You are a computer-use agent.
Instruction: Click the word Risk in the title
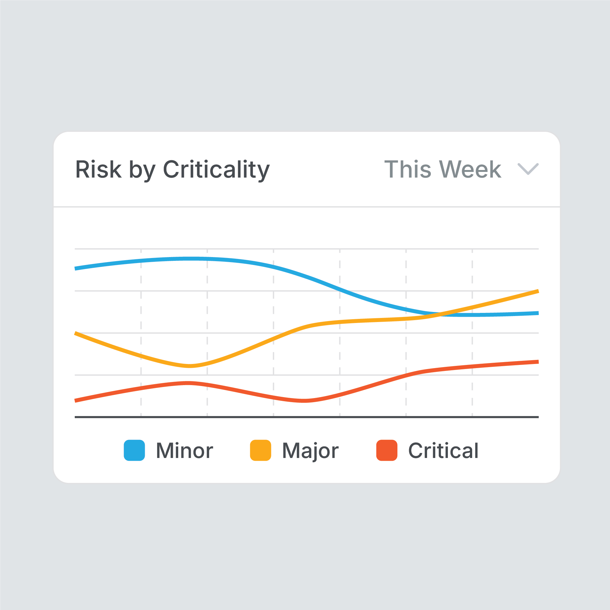tap(98, 170)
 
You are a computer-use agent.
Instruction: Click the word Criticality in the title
tap(216, 170)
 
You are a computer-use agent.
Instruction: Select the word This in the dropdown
tap(408, 170)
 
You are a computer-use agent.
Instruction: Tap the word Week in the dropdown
tap(470, 170)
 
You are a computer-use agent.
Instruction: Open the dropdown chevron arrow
tap(528, 169)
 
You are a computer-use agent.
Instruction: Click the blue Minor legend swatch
tap(134, 450)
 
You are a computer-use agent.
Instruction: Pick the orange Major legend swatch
tap(261, 450)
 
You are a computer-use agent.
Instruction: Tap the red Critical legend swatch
tap(387, 450)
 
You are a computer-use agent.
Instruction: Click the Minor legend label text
tap(185, 450)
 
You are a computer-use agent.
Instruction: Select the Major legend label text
tap(310, 450)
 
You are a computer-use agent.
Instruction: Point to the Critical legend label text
tap(443, 450)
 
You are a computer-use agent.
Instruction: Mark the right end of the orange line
tap(538, 291)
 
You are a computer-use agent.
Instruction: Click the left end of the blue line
tap(76, 269)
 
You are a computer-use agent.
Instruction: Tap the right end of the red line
tap(538, 362)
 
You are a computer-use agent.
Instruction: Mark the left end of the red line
tap(76, 401)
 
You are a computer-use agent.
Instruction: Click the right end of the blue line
tap(538, 313)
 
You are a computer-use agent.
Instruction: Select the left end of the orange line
tap(76, 333)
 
